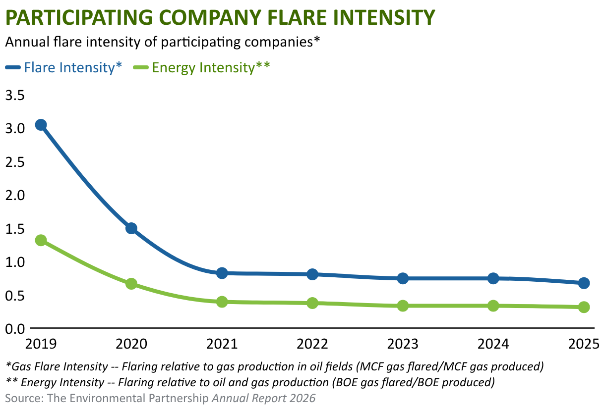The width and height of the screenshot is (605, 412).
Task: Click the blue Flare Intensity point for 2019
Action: (x=41, y=125)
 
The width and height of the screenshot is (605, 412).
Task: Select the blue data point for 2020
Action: (x=131, y=228)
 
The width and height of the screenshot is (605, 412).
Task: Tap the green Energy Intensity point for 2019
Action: (x=41, y=240)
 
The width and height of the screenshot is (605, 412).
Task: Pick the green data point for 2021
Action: (x=222, y=302)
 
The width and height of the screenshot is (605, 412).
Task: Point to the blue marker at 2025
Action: (x=584, y=283)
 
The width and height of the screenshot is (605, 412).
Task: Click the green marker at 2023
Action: (x=403, y=306)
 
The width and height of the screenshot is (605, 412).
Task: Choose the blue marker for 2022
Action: (x=312, y=274)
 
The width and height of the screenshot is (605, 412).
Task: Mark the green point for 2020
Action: (x=131, y=284)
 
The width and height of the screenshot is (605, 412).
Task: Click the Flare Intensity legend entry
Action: (x=64, y=67)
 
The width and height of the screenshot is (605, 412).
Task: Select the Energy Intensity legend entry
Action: (x=201, y=67)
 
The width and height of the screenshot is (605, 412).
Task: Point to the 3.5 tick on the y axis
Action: (x=15, y=96)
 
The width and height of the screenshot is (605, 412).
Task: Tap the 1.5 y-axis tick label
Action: (x=15, y=229)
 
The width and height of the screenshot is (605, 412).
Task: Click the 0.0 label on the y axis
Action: (x=15, y=329)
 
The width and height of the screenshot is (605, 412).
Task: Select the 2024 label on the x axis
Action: (x=493, y=344)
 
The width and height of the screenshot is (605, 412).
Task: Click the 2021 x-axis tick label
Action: (x=222, y=344)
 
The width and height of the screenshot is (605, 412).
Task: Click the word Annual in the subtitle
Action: (x=27, y=42)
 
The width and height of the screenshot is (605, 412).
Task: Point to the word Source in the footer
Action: (x=22, y=398)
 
